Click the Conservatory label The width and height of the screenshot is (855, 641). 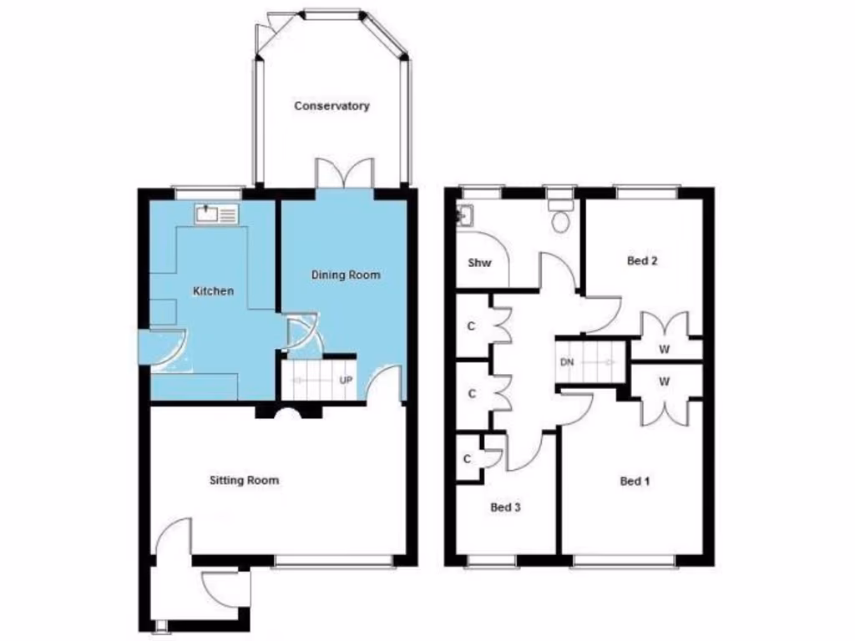[x=331, y=106]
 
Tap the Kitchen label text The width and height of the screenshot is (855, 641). [x=214, y=291]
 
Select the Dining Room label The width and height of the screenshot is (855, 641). [x=346, y=275]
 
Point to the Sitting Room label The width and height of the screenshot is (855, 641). [x=244, y=480]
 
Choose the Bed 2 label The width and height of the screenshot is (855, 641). [x=642, y=260]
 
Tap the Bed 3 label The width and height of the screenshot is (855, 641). [x=506, y=507]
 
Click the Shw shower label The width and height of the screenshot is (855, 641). [x=479, y=263]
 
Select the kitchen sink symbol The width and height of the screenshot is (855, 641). [x=217, y=215]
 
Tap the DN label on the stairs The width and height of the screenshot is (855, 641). [x=567, y=362]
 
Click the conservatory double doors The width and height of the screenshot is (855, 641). [x=344, y=173]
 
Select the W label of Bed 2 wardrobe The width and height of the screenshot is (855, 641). [x=665, y=350]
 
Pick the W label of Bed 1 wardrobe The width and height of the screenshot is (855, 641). [x=665, y=381]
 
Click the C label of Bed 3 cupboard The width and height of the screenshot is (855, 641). [x=467, y=458]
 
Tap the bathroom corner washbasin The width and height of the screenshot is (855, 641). [x=463, y=215]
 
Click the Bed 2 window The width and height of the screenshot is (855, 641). [x=647, y=192]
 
